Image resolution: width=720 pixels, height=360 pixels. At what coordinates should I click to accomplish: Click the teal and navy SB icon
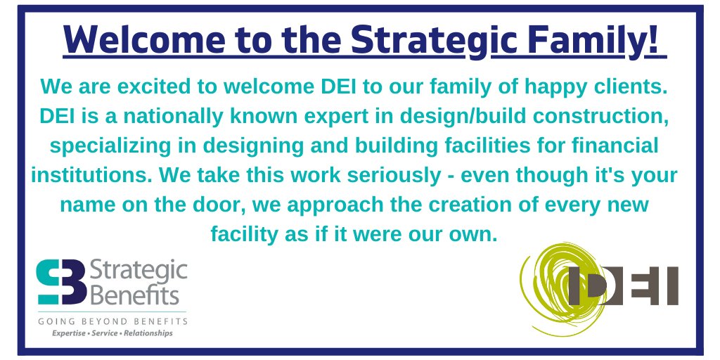pyautogui.click(x=61, y=281)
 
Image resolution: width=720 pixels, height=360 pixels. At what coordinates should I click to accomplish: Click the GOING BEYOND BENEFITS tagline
pyautogui.click(x=112, y=321)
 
